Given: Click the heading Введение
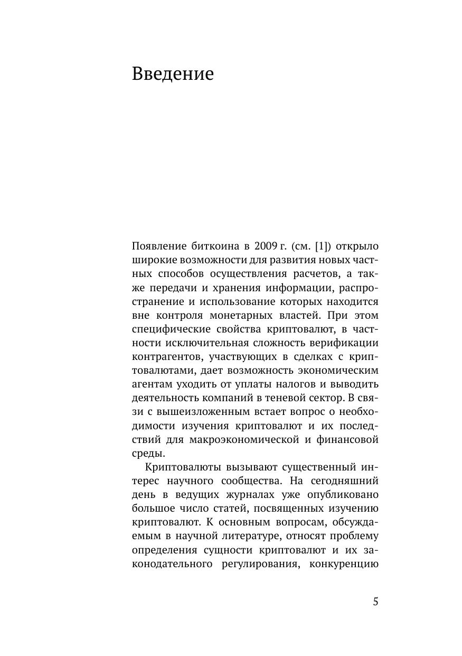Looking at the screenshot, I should coord(173,73).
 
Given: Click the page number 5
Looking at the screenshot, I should coord(375,602).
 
